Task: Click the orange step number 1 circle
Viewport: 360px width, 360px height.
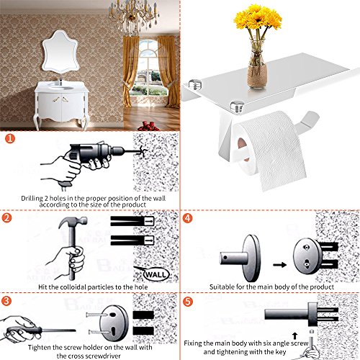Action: [10, 139]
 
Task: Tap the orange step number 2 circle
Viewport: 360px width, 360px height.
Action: [6, 218]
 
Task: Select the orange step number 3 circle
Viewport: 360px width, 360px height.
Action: [6, 301]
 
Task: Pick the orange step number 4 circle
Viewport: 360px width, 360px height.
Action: [187, 218]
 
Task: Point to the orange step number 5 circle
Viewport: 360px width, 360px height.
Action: [188, 302]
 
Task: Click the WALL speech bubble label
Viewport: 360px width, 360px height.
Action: [156, 274]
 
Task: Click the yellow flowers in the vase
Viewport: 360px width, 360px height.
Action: [258, 18]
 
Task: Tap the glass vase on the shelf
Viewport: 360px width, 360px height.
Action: [258, 65]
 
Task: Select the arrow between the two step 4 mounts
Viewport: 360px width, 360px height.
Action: [280, 265]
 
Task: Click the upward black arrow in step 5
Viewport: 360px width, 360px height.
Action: [295, 336]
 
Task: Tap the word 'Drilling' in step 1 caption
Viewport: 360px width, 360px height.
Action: [32, 199]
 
